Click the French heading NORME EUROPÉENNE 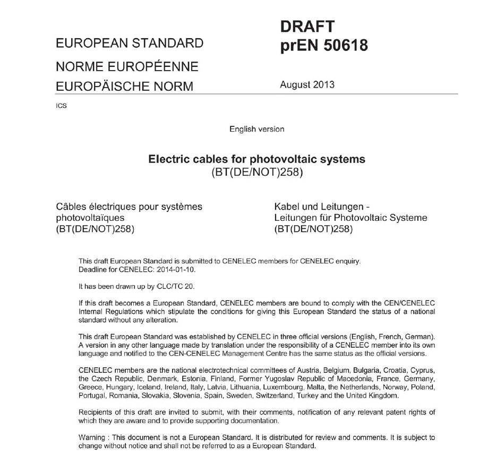[127, 67]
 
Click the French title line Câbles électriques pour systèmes [129, 207]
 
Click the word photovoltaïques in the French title [90, 218]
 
